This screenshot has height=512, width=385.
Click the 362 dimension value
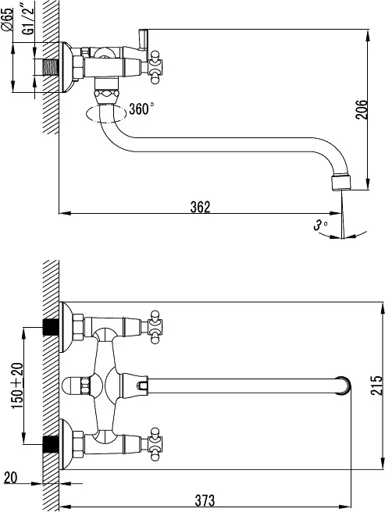201,207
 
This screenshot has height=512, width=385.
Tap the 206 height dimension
362,110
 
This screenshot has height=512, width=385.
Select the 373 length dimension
205,500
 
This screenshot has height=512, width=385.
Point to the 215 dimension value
376,386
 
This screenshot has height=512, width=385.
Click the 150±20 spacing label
18,386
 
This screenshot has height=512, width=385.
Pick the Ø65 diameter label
7,20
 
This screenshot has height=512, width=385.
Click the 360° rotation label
141,108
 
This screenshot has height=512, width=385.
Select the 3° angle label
320,225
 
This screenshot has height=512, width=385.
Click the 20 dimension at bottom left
10,478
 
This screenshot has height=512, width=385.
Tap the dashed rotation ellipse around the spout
106,114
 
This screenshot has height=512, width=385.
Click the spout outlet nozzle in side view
341,183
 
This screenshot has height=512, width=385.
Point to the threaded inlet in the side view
50,68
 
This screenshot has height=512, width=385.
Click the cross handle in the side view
155,67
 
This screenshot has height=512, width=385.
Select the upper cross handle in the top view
155,327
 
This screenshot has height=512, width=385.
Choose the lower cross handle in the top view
155,444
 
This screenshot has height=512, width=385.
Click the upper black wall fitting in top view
51,327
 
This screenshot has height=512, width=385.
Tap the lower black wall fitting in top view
51,444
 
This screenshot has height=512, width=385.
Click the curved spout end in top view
344,386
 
